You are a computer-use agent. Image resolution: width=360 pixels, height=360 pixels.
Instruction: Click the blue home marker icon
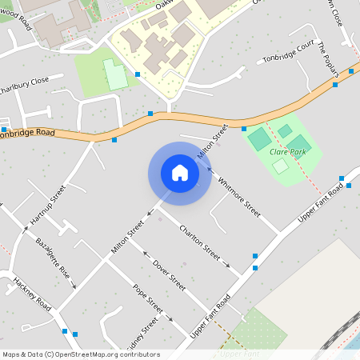pos(180,173)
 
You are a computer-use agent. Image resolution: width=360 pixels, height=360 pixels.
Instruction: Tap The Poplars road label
pos(327,60)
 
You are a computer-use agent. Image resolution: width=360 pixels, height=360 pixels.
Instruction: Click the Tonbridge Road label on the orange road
pos(28,132)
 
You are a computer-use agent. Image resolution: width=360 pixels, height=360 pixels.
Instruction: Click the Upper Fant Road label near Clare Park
pos(320,203)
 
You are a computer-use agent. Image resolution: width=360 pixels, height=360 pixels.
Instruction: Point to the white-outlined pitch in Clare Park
pos(280,166)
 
